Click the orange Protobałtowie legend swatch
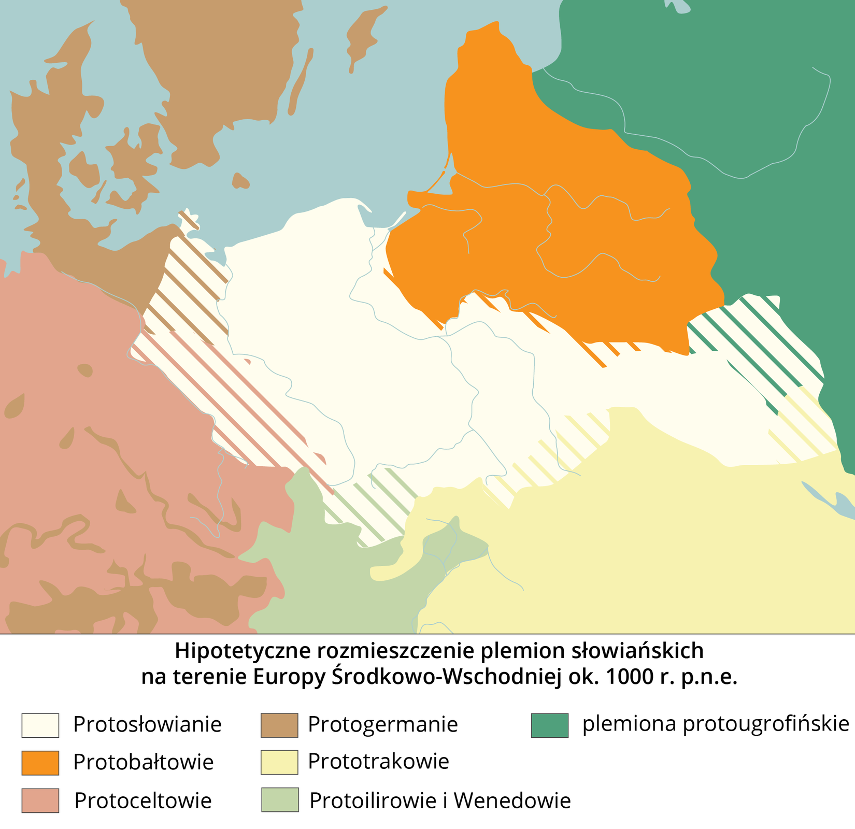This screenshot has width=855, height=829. tap(40, 763)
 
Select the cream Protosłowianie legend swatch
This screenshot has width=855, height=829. tap(40, 725)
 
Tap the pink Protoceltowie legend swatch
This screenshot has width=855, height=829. tap(40, 801)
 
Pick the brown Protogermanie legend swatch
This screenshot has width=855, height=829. tap(279, 725)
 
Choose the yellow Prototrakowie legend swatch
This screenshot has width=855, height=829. tap(279, 762)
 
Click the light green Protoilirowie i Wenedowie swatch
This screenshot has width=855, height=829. tap(279, 800)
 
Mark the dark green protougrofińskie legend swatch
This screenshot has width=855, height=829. tap(550, 725)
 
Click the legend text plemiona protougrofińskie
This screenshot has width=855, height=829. tap(716, 724)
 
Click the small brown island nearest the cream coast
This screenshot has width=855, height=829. tap(240, 181)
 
